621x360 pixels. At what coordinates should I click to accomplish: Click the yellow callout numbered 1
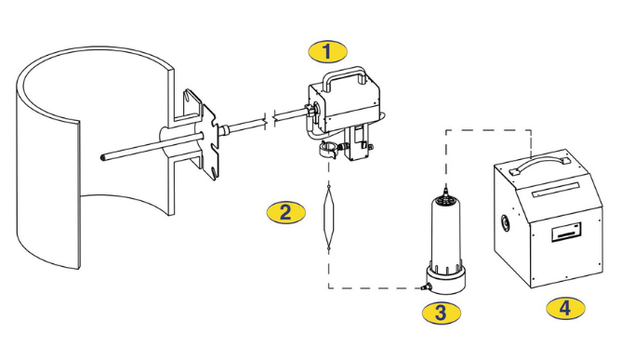click(327, 51)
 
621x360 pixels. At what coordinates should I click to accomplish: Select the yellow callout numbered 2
click(285, 212)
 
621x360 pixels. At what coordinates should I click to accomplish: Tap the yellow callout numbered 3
click(442, 313)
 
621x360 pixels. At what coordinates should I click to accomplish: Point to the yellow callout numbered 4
click(565, 308)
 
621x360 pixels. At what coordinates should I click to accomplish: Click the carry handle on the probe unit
click(343, 73)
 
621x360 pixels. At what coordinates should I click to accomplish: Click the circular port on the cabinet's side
click(506, 223)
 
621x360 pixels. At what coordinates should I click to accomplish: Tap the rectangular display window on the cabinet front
click(567, 231)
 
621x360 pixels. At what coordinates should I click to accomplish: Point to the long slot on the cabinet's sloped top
click(556, 189)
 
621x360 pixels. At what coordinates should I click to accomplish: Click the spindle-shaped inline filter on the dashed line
click(329, 218)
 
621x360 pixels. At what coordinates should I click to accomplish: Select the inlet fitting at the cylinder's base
click(425, 286)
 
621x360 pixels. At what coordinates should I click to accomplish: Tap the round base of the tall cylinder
click(445, 280)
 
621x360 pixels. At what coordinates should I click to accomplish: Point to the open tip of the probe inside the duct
click(103, 157)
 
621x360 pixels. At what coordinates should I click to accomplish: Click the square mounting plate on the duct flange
click(209, 140)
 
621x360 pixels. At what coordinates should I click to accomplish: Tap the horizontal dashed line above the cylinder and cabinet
click(489, 130)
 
